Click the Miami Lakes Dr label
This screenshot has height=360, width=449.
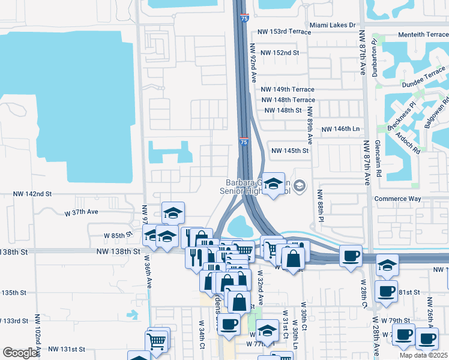point(333,26)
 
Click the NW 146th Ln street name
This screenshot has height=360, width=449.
point(340,129)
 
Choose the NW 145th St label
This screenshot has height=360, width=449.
point(290,151)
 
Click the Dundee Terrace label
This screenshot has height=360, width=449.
point(424,76)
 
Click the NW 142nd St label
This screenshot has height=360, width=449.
point(33,194)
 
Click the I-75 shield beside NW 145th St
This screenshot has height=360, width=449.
point(243,142)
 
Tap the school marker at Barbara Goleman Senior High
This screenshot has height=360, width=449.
point(274,184)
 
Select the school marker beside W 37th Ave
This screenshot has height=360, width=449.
point(173,213)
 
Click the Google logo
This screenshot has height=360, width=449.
point(19,353)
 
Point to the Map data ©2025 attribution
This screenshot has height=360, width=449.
point(424,355)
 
